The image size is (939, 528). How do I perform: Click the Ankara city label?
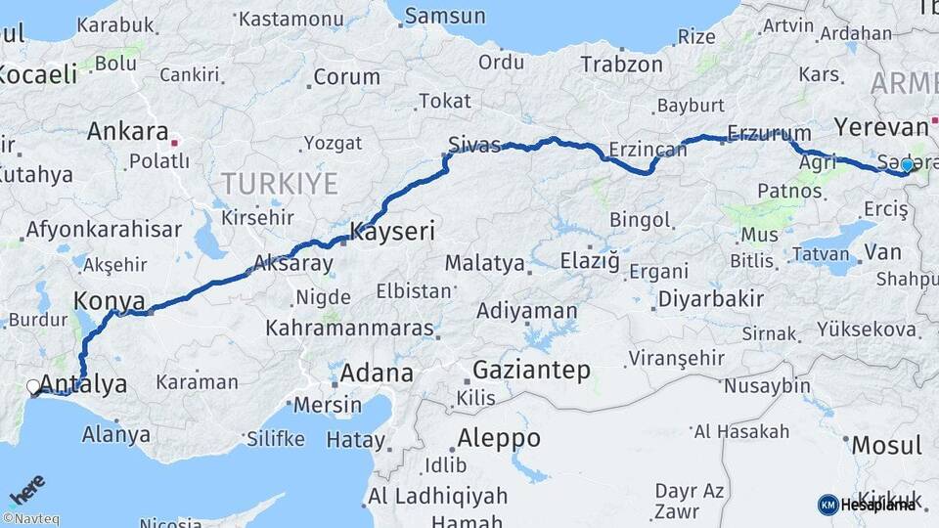127,131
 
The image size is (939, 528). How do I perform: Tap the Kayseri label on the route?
392,233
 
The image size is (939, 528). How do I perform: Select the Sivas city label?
473,145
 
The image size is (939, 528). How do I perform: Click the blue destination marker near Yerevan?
907,165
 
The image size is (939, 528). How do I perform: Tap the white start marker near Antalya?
34,387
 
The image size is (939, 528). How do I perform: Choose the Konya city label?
110,300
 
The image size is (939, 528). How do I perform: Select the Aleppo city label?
499,437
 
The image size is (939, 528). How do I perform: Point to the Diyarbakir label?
710,299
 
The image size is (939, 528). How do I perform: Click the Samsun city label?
445,16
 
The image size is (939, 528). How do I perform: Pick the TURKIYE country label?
280,183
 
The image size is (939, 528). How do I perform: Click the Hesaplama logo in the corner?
867,505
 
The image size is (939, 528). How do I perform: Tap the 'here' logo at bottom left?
27,488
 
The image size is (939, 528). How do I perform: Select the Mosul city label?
886,445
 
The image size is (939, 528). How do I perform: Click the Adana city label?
377,374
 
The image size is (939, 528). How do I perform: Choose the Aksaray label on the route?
293,263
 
